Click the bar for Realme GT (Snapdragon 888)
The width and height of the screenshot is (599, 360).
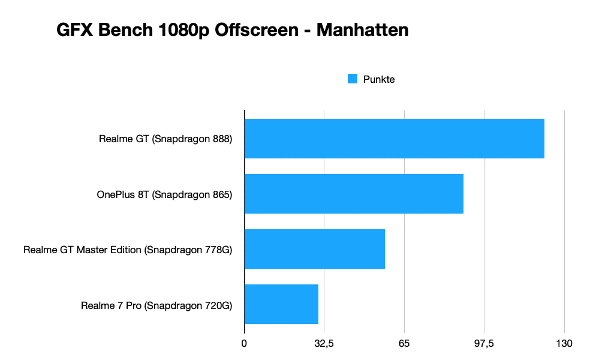pyautogui.click(x=394, y=139)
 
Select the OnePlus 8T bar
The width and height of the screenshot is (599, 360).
pyautogui.click(x=354, y=194)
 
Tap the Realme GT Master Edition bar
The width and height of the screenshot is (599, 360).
pyautogui.click(x=314, y=249)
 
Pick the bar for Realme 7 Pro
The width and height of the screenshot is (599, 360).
pyautogui.click(x=281, y=304)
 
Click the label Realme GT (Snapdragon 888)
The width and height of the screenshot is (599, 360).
pyautogui.click(x=165, y=139)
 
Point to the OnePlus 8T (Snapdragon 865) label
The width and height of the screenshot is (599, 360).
pyautogui.click(x=164, y=194)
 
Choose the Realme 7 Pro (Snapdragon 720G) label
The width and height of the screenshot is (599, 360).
pyautogui.click(x=156, y=305)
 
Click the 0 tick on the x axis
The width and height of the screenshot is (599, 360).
pyautogui.click(x=244, y=344)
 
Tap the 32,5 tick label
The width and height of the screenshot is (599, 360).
pyautogui.click(x=324, y=344)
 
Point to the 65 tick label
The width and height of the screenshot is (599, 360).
pyautogui.click(x=404, y=344)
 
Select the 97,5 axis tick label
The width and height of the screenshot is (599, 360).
pyautogui.click(x=484, y=344)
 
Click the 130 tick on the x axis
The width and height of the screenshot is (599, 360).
pyautogui.click(x=564, y=344)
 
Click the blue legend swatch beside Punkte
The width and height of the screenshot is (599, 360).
pyautogui.click(x=353, y=79)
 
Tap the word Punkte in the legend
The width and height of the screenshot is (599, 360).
pyautogui.click(x=379, y=79)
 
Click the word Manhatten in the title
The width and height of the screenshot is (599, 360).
pyautogui.click(x=362, y=30)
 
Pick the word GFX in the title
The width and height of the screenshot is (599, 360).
pyautogui.click(x=72, y=30)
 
